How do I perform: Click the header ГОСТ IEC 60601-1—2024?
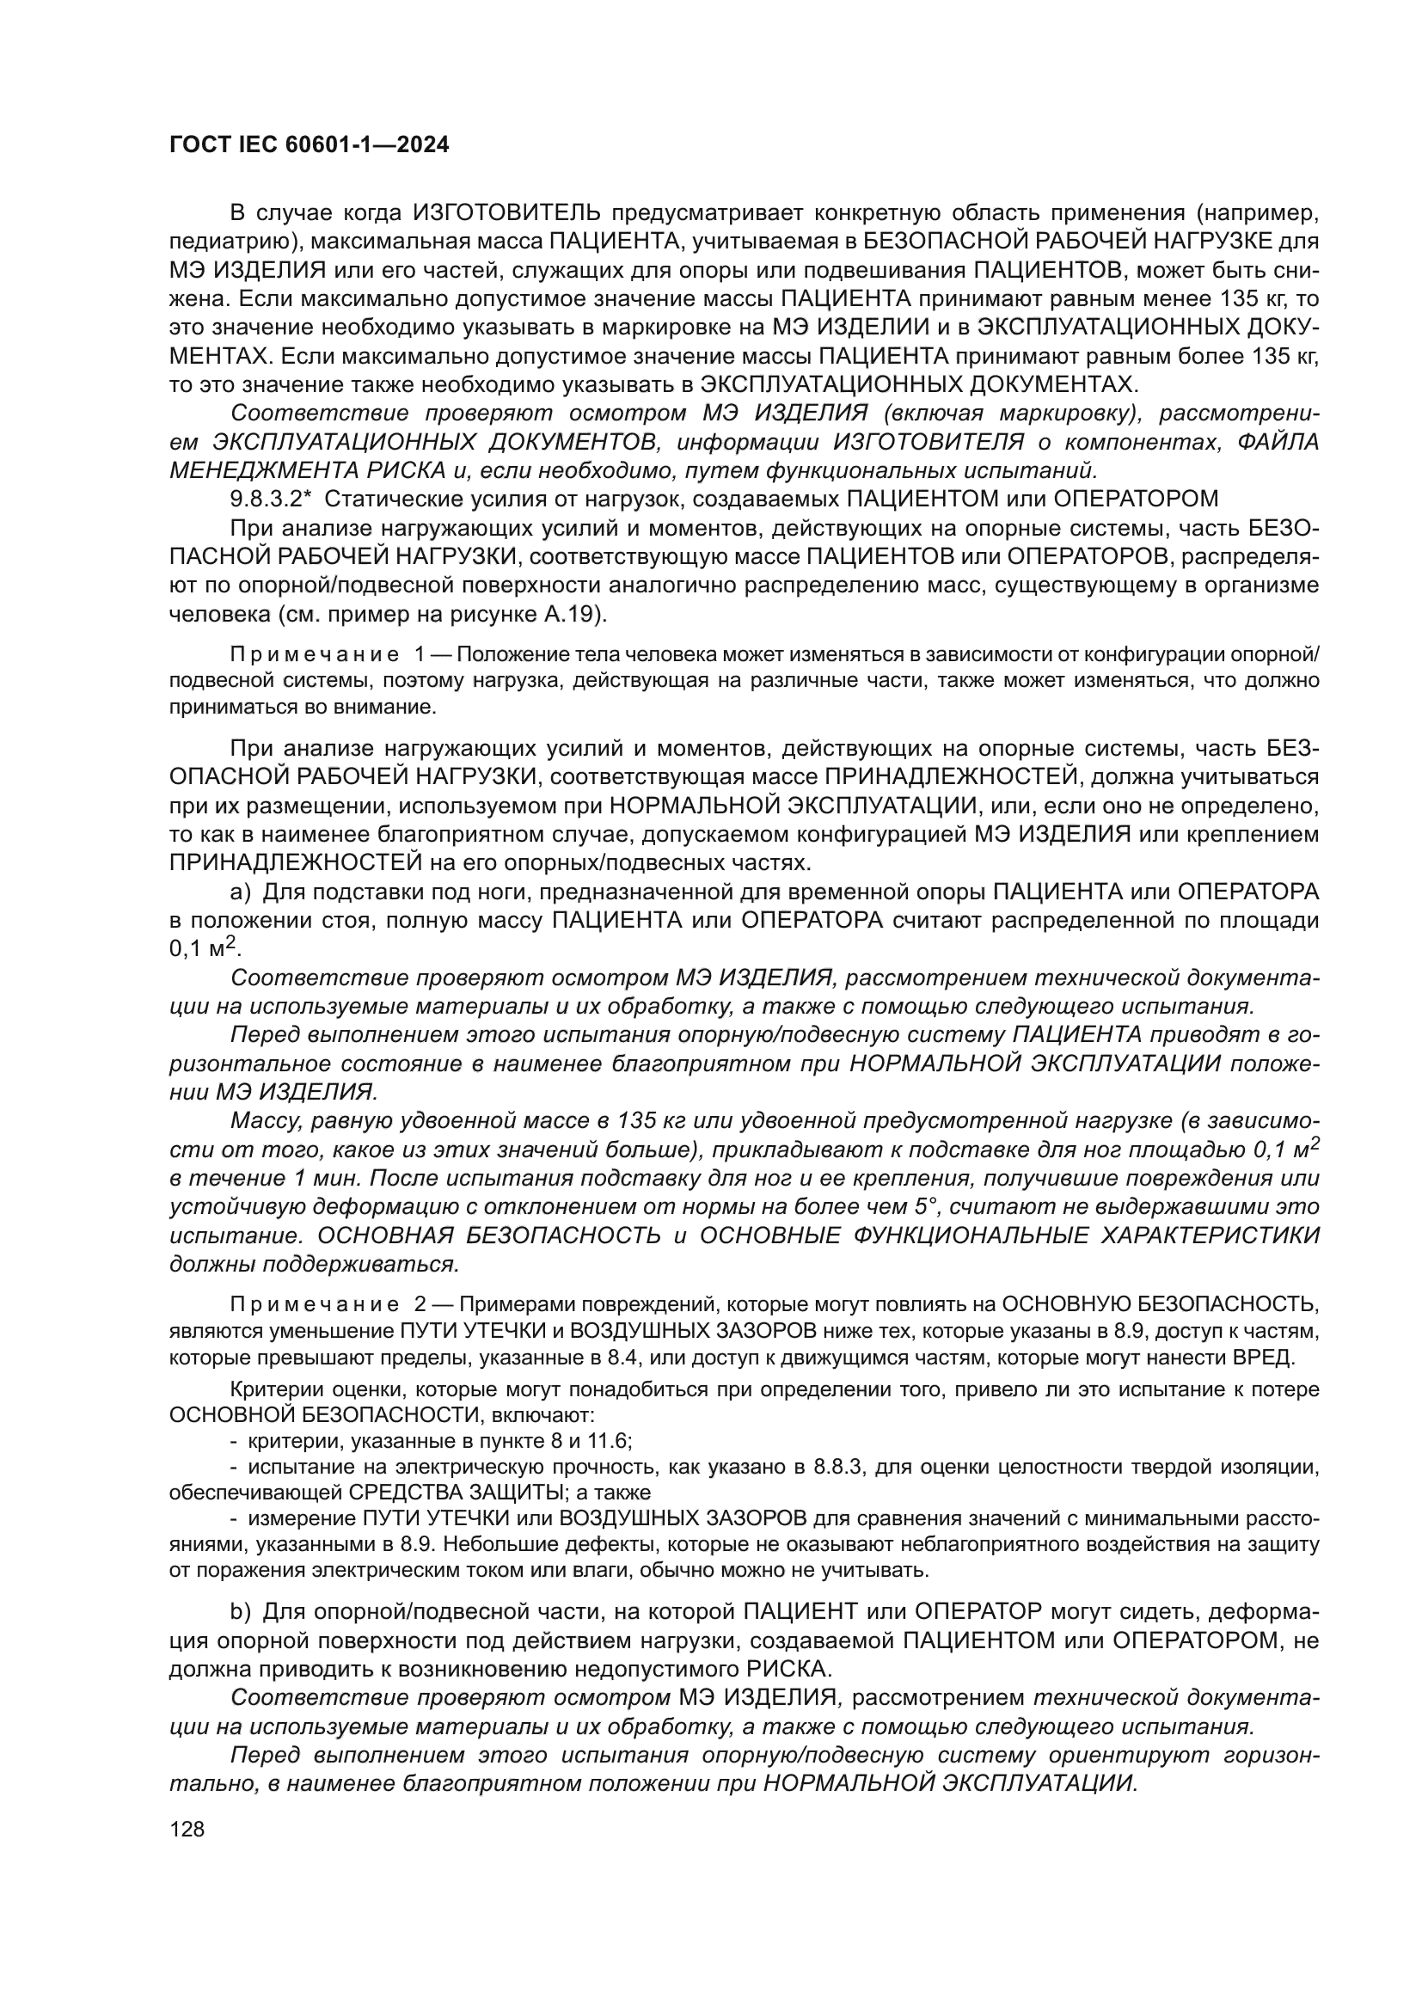pos(310,145)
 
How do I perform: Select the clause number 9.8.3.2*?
pos(272,500)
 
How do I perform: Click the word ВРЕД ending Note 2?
pos(1292,1358)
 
